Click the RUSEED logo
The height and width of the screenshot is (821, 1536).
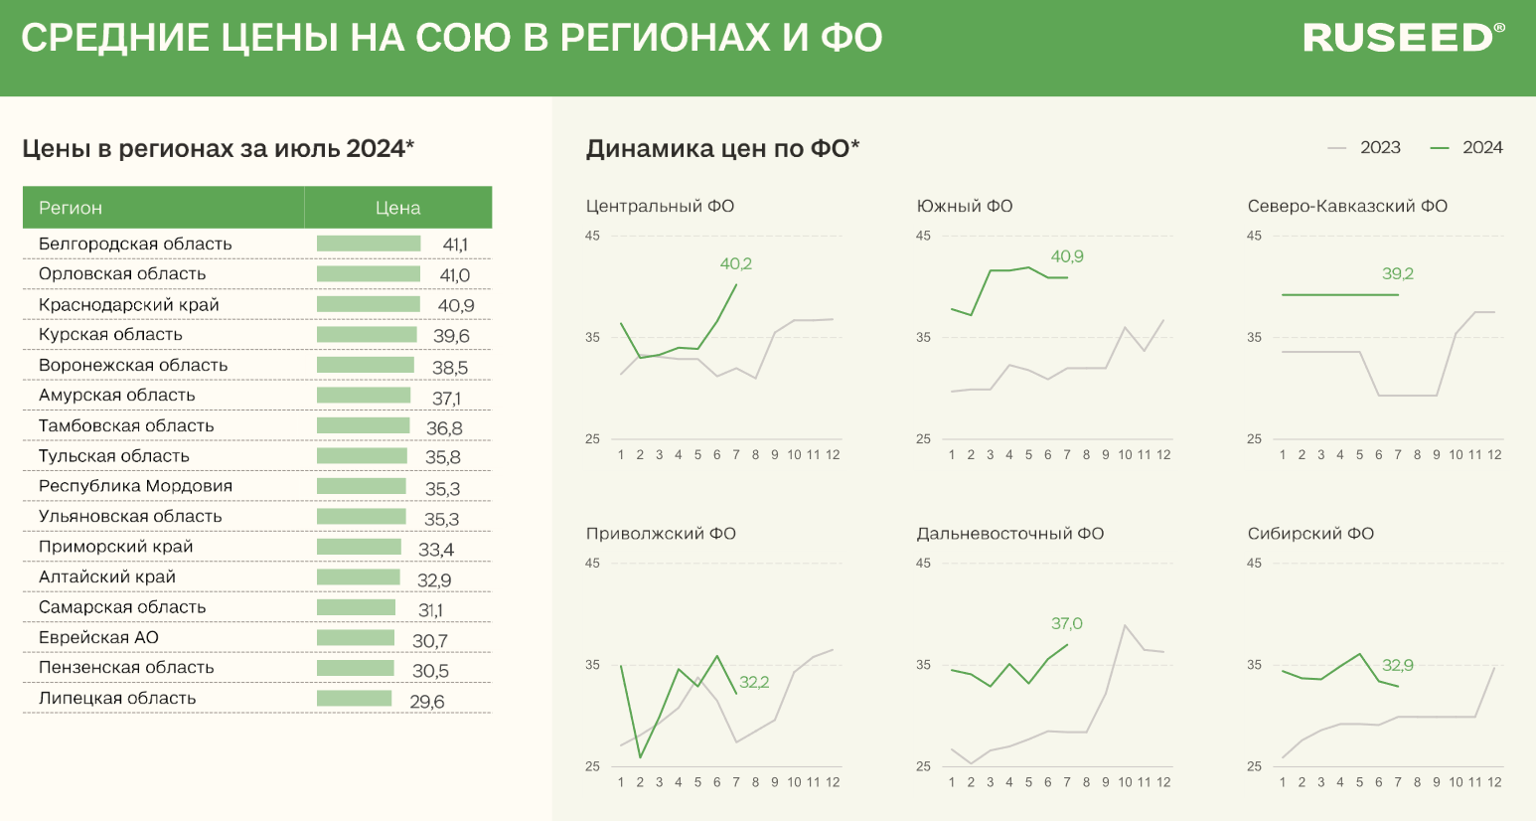click(1402, 38)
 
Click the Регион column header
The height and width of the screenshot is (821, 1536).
click(71, 208)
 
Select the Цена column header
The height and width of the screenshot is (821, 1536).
click(397, 208)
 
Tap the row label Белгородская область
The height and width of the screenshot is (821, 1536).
click(135, 244)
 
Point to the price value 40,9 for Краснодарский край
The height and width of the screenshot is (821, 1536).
click(456, 305)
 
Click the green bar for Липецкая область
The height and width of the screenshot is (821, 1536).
click(354, 699)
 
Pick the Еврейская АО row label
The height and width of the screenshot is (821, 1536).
click(98, 637)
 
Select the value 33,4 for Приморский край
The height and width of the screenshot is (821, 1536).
click(436, 550)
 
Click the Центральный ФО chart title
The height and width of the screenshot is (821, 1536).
click(660, 206)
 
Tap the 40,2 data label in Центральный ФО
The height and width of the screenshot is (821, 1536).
click(736, 263)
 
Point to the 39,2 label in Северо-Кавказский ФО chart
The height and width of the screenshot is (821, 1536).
click(1398, 273)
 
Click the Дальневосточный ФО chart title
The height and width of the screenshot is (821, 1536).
click(1009, 533)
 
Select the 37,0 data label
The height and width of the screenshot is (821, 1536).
click(1067, 623)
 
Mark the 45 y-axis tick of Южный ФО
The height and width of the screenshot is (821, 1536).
click(923, 236)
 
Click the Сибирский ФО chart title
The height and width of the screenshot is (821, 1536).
click(1310, 533)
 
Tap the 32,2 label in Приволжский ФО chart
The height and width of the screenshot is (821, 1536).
click(754, 682)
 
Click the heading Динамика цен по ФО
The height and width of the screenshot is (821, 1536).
click(722, 148)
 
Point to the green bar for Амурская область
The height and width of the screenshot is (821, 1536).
click(364, 396)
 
